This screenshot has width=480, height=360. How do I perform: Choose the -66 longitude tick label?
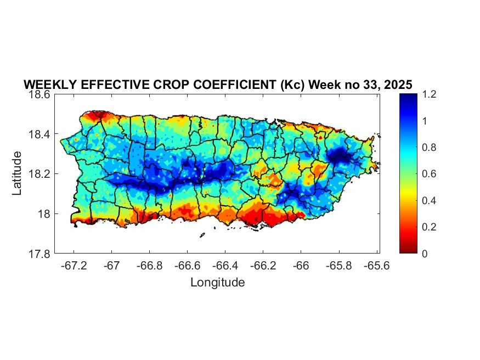[x=301, y=265]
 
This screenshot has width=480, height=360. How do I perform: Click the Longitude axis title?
[x=217, y=283]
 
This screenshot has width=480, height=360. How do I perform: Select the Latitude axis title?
[x=18, y=173]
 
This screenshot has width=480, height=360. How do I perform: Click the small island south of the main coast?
[x=202, y=235]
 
